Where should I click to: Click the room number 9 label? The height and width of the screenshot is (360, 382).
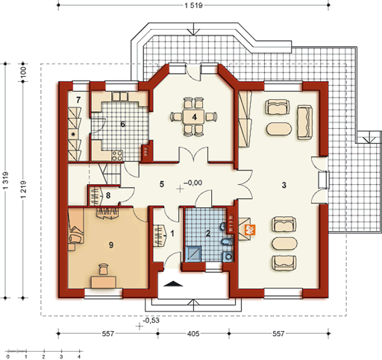pos(111,245)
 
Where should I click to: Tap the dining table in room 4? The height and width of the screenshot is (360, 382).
pos(194,117)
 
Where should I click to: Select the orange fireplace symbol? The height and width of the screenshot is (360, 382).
pos(250,230)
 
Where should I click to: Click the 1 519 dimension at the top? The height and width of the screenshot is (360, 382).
pos(193,5)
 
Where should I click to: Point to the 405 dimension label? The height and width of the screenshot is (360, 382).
pos(193,334)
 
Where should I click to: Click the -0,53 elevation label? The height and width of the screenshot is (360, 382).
pos(151,320)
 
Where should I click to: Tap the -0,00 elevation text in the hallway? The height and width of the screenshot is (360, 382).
pos(193,183)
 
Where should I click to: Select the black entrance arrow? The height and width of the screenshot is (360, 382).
pos(173,284)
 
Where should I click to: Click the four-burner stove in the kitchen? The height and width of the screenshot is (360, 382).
pos(117,156)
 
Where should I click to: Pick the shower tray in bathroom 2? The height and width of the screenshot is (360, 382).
pos(193,253)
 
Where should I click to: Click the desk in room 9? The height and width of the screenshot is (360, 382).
pos(104,282)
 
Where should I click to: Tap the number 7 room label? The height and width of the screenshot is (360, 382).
pos(78,100)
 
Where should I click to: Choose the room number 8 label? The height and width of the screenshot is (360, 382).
pos(108,195)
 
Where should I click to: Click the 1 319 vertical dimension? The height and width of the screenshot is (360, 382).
pos(6,180)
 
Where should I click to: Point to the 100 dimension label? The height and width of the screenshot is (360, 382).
pos(23,72)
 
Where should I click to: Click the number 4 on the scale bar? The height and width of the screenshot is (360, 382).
pos(79,357)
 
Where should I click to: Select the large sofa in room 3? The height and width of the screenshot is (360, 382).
pos(305,122)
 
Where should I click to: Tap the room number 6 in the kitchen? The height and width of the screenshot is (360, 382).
pos(122,124)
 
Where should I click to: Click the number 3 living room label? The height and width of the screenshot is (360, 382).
pos(284,185)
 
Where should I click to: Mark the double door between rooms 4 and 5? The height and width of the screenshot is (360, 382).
pos(193,155)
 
